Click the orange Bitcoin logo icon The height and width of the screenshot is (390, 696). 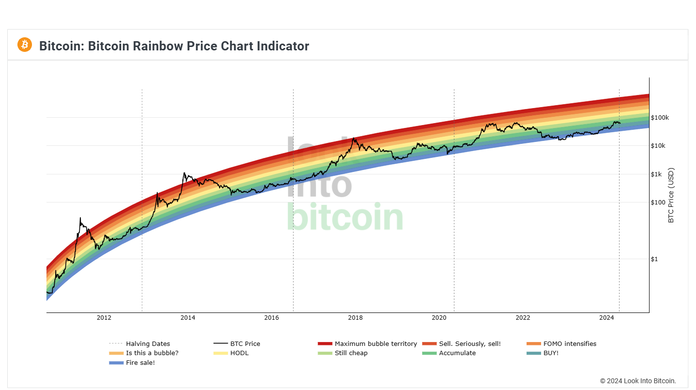tap(25, 45)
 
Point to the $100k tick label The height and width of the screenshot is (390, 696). tap(660, 118)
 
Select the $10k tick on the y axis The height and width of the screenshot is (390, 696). tap(659, 146)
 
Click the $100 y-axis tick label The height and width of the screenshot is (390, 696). tap(658, 203)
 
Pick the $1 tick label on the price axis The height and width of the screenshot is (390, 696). tap(654, 259)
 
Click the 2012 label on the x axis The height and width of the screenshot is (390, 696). tap(104, 318)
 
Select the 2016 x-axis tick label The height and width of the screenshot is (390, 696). tap(272, 318)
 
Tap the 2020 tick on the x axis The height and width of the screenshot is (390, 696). tap(439, 318)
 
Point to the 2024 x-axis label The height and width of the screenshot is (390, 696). tap(606, 318)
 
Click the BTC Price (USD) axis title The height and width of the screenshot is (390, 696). tap(671, 195)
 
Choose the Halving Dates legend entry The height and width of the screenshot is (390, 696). tap(148, 344)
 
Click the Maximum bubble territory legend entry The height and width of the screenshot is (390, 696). tap(376, 344)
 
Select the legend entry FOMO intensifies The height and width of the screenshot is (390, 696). tap(570, 344)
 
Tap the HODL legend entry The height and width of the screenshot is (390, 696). tap(239, 353)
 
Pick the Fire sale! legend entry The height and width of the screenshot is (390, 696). tap(140, 363)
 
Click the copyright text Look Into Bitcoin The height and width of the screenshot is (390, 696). tap(638, 381)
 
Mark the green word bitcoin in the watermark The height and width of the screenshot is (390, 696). tap(345, 218)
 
